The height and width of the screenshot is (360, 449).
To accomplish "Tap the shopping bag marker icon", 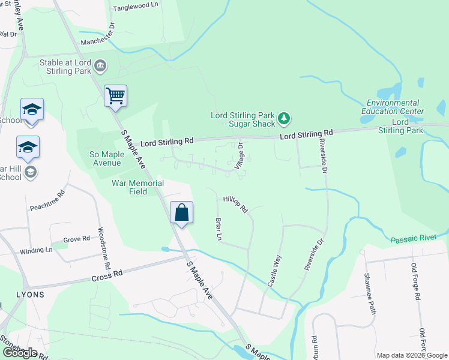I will click(181, 212).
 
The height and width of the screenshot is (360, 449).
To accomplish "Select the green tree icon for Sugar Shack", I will click(285, 120).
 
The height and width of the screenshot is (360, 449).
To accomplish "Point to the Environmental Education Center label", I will click(393, 107).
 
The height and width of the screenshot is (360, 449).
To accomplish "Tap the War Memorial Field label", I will click(137, 187).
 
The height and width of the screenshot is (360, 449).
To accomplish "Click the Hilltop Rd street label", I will click(235, 205).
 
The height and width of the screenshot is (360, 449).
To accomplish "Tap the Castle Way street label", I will click(274, 269).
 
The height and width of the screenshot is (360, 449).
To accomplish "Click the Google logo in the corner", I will click(20, 352).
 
